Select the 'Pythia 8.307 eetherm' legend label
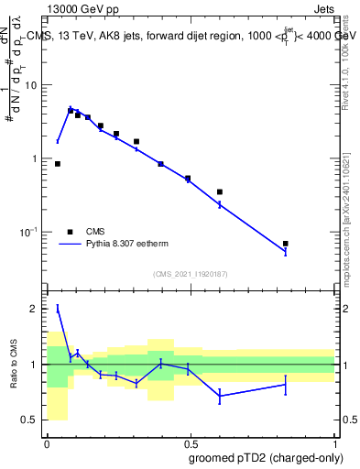click(136, 245)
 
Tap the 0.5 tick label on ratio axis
click(35, 420)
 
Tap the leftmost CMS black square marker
click(58, 164)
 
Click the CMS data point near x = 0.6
click(220, 192)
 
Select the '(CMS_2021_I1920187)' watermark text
click(190, 274)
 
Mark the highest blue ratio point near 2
click(58, 309)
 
